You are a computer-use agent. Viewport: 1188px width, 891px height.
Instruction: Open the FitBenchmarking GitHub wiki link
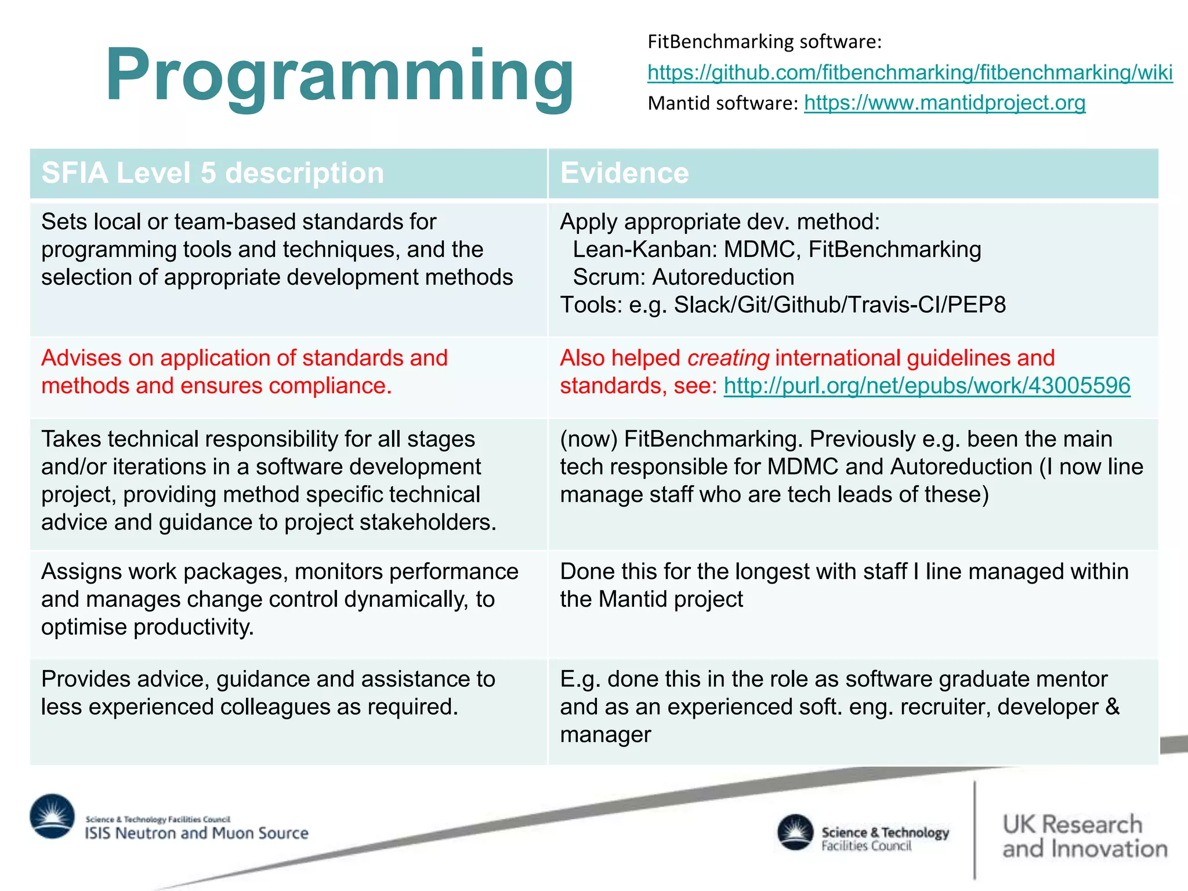click(910, 73)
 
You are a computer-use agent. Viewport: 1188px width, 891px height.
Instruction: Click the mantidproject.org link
click(944, 103)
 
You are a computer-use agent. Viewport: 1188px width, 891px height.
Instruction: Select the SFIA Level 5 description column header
click(213, 173)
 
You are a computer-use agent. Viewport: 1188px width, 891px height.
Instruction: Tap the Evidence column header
click(624, 173)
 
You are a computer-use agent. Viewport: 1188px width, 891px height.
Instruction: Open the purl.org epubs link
click(927, 386)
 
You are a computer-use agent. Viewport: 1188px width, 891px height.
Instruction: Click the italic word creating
click(728, 358)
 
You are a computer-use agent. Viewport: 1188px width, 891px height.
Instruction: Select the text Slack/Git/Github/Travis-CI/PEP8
click(839, 305)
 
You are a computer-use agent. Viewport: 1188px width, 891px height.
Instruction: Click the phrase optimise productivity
click(147, 627)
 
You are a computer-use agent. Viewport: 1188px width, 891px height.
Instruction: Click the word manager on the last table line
click(605, 735)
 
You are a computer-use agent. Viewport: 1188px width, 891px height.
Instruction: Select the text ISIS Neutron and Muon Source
click(197, 833)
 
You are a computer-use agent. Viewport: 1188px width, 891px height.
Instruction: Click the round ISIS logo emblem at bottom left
click(52, 816)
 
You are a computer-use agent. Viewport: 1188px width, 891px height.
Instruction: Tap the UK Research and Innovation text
click(1084, 836)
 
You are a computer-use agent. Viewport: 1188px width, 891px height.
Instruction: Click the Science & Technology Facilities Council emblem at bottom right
click(795, 832)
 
